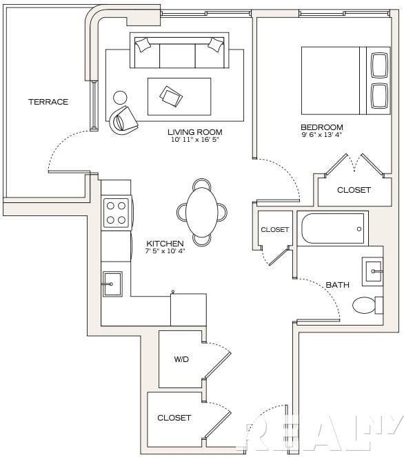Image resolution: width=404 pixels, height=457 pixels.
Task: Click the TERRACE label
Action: coord(48,102)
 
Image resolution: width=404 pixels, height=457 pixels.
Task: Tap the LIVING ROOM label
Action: coord(194,132)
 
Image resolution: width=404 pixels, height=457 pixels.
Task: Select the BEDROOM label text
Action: coord(322,127)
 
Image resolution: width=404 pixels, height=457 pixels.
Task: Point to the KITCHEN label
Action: coord(165,244)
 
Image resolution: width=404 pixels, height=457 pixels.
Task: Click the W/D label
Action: coord(181,359)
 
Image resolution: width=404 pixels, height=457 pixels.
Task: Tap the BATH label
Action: coord(337,285)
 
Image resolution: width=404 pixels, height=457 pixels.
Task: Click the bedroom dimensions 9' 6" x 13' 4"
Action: coord(322,135)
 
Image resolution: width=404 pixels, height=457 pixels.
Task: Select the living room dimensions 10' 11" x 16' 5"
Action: coord(194,140)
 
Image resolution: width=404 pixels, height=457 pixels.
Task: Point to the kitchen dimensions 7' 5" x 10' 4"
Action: coord(165,251)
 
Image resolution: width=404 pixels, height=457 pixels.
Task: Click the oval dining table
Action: coord(202,212)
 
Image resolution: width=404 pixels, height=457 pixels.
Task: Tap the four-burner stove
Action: coord(117,213)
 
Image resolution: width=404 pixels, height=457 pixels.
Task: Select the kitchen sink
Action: coord(112,284)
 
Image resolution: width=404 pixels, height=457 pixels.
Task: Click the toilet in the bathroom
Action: coord(367,305)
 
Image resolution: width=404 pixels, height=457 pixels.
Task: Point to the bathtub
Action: coord(333,228)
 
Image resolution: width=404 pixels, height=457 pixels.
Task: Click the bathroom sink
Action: coord(372,272)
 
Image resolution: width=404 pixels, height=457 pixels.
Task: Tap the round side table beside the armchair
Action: coord(120,98)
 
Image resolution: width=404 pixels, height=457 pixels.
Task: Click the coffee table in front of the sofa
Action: coord(179,96)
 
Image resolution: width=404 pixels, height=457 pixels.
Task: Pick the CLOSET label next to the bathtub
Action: coord(274,230)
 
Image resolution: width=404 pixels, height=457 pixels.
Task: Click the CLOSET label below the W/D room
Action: coord(174,418)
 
